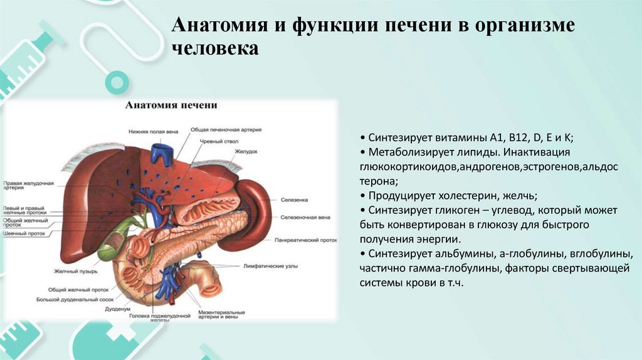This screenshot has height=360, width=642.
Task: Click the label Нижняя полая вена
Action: click(149, 132)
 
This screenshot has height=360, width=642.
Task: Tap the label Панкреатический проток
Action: click(305, 240)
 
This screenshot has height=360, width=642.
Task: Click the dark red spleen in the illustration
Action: click(254, 201)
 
